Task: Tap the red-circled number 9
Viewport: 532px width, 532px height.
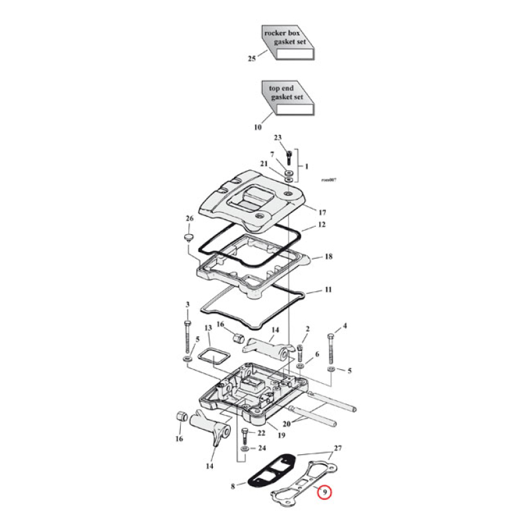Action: tap(324, 492)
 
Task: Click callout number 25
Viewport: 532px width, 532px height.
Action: tap(251, 59)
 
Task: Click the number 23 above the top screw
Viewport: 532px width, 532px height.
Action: tap(279, 138)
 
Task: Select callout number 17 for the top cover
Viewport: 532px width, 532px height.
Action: tap(322, 212)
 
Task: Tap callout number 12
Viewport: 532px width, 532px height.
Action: tap(322, 225)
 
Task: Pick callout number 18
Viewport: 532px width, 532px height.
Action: tap(328, 256)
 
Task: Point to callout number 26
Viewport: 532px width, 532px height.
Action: tap(189, 219)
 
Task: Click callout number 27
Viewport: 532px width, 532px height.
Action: tap(337, 448)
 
